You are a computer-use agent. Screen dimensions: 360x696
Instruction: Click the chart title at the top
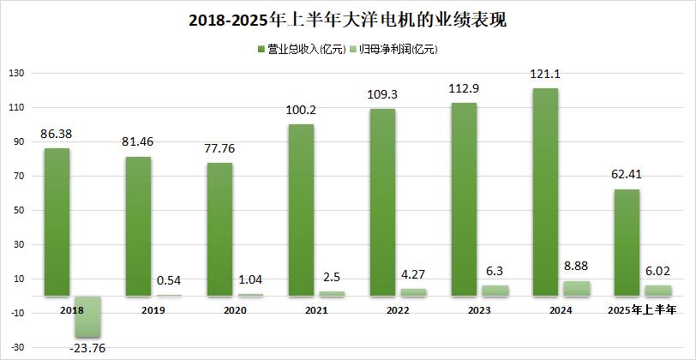347,19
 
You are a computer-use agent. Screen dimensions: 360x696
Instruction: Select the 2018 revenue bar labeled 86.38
57,222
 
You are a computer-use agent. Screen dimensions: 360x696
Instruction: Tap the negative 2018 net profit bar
87,316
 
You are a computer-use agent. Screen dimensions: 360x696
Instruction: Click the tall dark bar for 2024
545,192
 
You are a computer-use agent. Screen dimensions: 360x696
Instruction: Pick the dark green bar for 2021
301,210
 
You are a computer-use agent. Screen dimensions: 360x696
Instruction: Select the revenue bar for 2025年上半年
627,243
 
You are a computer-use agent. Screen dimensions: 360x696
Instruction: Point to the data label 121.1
545,75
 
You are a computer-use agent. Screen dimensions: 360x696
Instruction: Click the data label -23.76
87,348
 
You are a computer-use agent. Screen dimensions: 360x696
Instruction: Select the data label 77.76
220,148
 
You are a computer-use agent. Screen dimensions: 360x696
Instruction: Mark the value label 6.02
657,272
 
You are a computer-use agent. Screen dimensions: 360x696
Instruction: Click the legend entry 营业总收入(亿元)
301,50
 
